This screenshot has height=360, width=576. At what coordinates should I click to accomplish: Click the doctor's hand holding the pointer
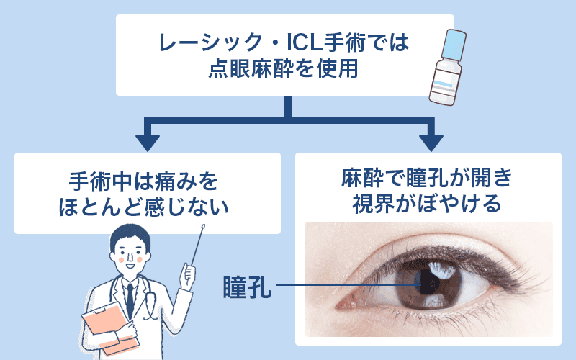(x=189, y=274)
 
